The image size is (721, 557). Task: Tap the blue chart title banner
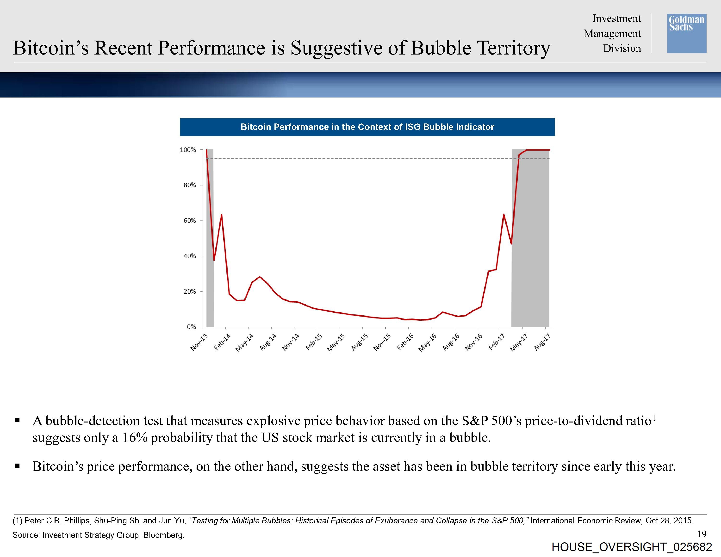(367, 127)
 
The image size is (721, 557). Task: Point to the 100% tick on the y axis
(188, 150)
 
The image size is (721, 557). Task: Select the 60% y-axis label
(189, 220)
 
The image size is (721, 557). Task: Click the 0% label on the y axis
(191, 327)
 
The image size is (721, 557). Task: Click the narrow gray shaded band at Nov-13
(210, 238)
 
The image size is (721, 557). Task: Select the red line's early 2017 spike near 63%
(503, 214)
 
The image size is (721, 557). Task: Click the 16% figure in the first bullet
(135, 438)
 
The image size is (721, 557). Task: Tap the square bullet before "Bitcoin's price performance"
(18, 466)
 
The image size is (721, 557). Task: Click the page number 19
(702, 533)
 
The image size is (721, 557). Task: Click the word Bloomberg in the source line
(163, 535)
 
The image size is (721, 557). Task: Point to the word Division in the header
(622, 49)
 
